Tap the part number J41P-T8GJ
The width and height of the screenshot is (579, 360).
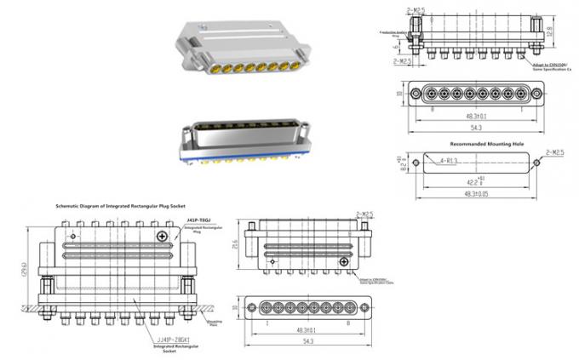click(x=198, y=220)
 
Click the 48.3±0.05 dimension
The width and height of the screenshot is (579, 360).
click(x=475, y=194)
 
